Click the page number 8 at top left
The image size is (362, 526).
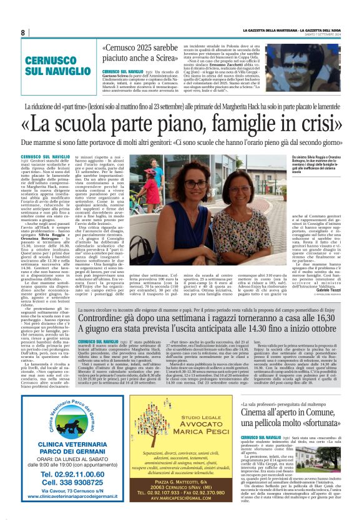pyautogui.click(x=23, y=32)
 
